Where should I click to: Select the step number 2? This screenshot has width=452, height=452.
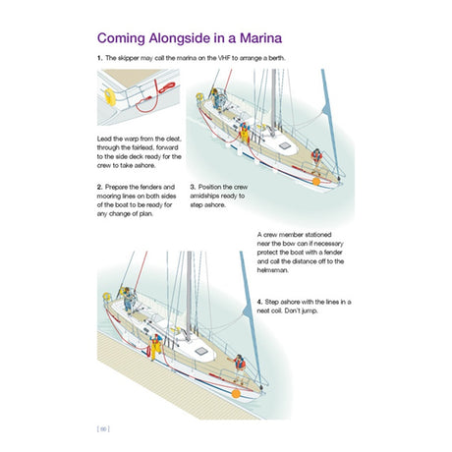pyautogui.click(x=99, y=187)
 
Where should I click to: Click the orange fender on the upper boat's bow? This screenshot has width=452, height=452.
pyautogui.click(x=314, y=180)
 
